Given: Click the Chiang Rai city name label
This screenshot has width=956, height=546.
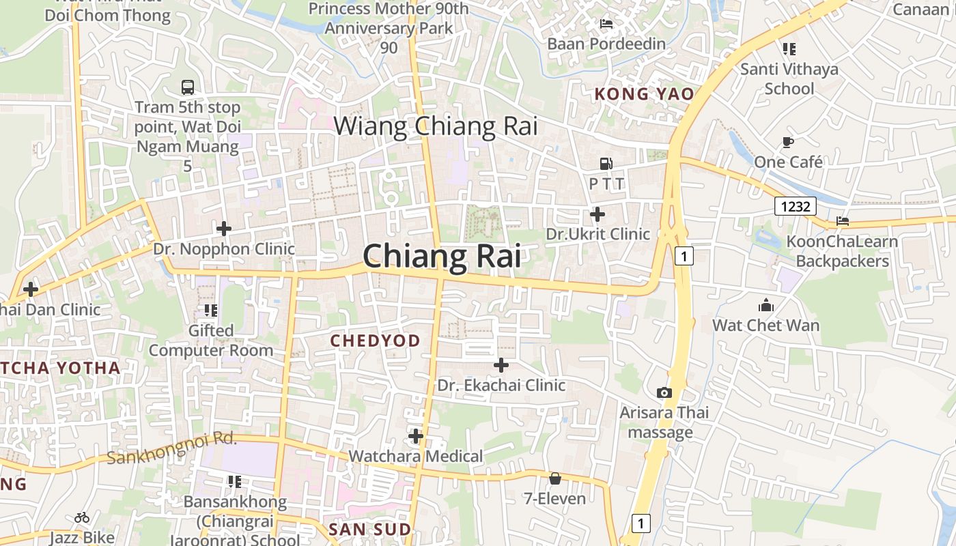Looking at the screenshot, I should click(442, 256).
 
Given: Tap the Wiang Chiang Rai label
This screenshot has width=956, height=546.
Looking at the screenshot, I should click(436, 126).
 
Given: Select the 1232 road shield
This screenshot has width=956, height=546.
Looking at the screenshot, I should click(796, 205).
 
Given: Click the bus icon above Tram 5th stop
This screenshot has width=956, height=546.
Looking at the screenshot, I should click(188, 87).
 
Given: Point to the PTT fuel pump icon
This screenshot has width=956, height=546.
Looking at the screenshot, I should click(606, 164).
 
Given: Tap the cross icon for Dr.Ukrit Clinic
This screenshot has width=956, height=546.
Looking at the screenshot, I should click(597, 214).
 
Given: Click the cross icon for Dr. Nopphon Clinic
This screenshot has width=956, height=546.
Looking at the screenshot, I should click(223, 229).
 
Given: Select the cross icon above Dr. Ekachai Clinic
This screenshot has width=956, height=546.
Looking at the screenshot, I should click(501, 365).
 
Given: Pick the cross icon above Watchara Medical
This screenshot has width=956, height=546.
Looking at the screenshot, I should click(415, 435).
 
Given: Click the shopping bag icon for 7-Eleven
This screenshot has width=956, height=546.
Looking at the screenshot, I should click(554, 478).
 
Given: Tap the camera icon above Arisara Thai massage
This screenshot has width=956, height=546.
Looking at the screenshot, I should click(664, 392).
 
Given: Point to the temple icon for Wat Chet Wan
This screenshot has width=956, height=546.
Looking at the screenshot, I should click(765, 305).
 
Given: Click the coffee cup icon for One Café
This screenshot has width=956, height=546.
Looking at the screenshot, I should click(787, 142).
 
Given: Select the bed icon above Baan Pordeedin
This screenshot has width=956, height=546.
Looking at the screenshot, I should click(606, 24).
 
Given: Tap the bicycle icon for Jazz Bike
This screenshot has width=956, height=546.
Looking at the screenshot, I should click(82, 517).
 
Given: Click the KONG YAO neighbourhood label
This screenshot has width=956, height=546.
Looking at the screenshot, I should click(645, 94).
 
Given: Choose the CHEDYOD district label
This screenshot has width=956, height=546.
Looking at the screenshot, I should click(375, 341).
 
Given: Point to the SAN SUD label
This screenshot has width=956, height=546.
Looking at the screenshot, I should click(369, 530).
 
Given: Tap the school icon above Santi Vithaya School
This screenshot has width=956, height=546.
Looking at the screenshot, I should click(789, 49).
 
